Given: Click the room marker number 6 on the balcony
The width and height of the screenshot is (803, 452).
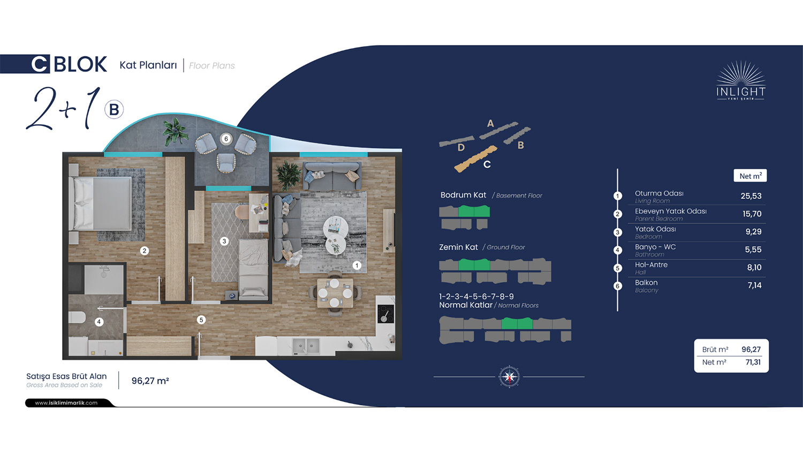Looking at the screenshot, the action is (x=226, y=139).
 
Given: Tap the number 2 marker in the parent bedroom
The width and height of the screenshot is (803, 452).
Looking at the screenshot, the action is (x=145, y=251).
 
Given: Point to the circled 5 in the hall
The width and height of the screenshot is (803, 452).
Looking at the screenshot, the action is (x=201, y=320).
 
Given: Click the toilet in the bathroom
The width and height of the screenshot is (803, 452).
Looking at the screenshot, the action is (x=77, y=317).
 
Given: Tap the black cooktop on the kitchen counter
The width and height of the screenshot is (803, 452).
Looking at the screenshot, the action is (x=385, y=314).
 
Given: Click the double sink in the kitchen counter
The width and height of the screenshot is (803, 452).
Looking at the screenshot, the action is (x=306, y=346).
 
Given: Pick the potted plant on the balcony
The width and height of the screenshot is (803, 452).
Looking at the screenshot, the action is (x=175, y=132).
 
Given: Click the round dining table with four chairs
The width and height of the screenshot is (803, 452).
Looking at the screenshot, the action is (x=335, y=293).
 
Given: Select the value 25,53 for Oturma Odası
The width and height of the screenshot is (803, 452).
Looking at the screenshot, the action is (x=751, y=196).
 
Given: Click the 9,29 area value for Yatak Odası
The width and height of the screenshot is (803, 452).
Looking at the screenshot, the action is (x=753, y=232).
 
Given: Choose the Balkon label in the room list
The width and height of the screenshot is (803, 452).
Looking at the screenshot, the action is (x=646, y=283).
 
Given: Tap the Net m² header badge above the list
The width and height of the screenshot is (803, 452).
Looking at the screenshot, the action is (x=751, y=176).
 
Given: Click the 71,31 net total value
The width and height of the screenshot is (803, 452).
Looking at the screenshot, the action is (x=753, y=363).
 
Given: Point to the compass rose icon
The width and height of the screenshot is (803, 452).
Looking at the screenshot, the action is (x=509, y=376).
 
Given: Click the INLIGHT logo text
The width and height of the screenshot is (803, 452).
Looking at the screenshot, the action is (x=740, y=92).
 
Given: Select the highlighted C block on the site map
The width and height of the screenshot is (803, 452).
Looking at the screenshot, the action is (x=476, y=159).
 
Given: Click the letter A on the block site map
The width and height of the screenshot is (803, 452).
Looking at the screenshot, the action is (x=490, y=124).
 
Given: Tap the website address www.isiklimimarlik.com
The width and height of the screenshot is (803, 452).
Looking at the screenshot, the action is (x=66, y=403).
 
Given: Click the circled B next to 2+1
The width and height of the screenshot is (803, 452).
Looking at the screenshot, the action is (x=114, y=110).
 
